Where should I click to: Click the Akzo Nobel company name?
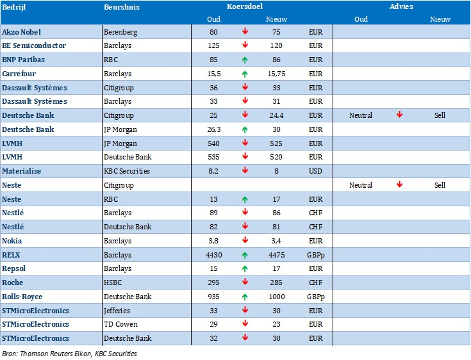[21, 32]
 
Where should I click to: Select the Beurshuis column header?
[122, 7]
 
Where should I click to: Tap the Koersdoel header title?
[245, 6]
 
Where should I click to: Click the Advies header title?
[401, 6]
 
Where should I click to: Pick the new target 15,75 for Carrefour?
[276, 74]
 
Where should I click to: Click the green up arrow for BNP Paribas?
[245, 60]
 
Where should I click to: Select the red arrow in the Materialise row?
[245, 170]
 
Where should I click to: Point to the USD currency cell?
[315, 171]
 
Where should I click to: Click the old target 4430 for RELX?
[214, 255]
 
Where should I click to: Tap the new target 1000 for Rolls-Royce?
[277, 297]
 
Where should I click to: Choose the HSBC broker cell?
[113, 282]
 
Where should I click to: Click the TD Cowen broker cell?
[120, 324]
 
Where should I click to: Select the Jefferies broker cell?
[117, 311]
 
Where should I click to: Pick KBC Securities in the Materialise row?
[127, 171]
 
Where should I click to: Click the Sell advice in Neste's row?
[440, 185]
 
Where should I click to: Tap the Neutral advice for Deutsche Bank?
[360, 115]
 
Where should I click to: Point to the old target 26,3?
[214, 129]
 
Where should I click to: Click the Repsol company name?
[13, 269]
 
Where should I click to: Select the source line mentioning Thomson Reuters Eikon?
[69, 354]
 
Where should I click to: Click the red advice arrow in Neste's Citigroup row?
[399, 184]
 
